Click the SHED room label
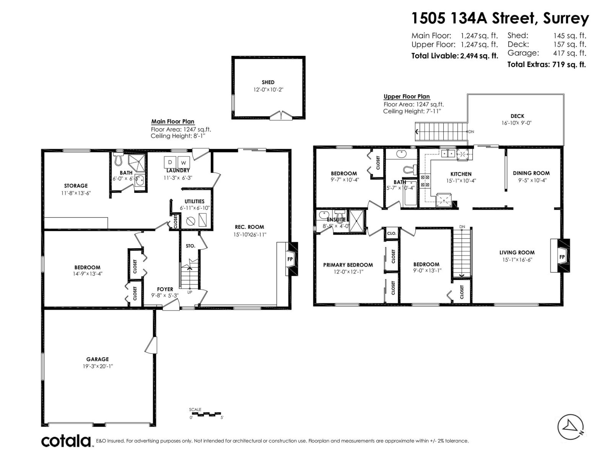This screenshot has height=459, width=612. (x=268, y=82)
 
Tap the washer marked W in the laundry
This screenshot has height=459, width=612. (x=183, y=163)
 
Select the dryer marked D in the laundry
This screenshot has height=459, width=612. (x=170, y=162)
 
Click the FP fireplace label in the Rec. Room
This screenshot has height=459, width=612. (x=290, y=259)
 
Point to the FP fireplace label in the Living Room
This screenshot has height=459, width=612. (x=562, y=257)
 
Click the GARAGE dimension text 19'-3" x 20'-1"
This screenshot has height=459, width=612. (x=98, y=366)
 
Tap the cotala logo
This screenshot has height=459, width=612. (x=66, y=441)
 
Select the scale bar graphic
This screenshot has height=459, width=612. (x=206, y=414)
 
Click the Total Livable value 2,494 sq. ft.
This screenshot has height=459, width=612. (x=479, y=56)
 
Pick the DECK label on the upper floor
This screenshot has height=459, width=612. (x=517, y=116)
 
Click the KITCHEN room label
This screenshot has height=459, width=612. (x=461, y=174)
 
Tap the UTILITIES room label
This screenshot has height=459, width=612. (x=194, y=201)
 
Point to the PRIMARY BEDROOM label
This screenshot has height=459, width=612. (x=348, y=265)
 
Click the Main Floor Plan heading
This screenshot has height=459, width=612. (x=173, y=122)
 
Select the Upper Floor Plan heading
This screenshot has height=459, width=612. (x=407, y=96)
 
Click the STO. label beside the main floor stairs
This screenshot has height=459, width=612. (x=190, y=246)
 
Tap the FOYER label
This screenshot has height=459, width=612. (x=165, y=289)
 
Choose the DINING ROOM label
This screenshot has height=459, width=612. (x=531, y=173)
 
